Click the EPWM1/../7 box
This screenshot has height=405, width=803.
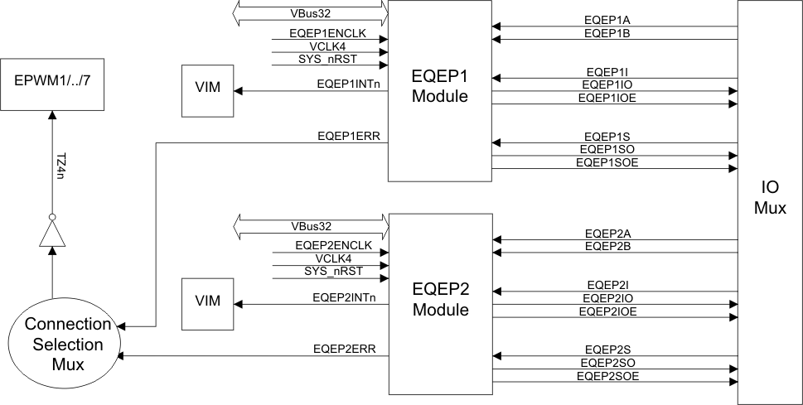click(52, 84)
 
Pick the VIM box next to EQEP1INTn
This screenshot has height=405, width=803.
click(207, 87)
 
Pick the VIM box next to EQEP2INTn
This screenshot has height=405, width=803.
click(207, 301)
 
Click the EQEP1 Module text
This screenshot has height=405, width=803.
click(441, 86)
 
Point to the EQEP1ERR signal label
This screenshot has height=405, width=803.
click(349, 135)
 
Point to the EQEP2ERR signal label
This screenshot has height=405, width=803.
click(345, 349)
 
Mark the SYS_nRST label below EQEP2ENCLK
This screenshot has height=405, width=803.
click(327, 272)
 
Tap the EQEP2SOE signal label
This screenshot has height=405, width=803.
click(607, 376)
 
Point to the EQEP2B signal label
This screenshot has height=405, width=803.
click(609, 246)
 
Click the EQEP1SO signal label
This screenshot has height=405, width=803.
click(609, 148)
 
